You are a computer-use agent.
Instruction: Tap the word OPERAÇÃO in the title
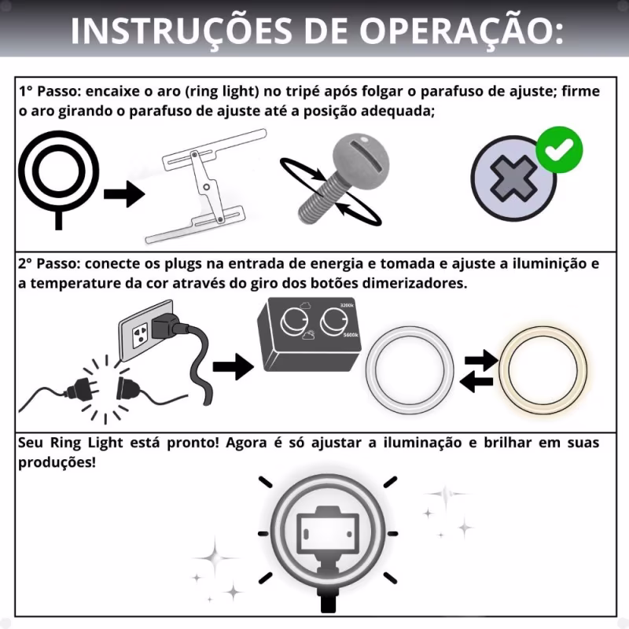pyautogui.click(x=461, y=31)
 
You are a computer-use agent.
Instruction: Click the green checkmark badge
pyautogui.click(x=559, y=149)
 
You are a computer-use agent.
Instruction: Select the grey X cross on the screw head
pyautogui.click(x=514, y=179)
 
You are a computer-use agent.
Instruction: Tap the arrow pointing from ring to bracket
pyautogui.click(x=124, y=194)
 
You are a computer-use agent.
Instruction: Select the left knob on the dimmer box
pyautogui.click(x=293, y=322)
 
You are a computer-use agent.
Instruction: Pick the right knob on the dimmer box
pyautogui.click(x=333, y=321)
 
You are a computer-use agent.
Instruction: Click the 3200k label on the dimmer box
pyautogui.click(x=347, y=306)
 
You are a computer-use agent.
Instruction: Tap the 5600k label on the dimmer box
pyautogui.click(x=351, y=335)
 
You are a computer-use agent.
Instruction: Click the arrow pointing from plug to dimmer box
pyautogui.click(x=233, y=366)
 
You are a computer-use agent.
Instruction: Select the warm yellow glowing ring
pyautogui.click(x=543, y=370)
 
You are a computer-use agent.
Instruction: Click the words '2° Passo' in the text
pyautogui.click(x=47, y=264)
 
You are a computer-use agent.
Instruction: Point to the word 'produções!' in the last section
pyautogui.click(x=57, y=462)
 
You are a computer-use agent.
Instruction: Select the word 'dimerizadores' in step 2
pyautogui.click(x=414, y=283)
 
